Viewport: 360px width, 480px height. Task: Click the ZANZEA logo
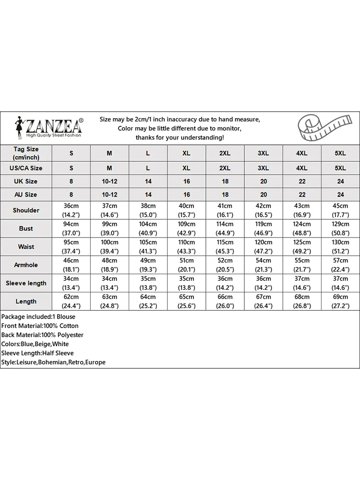(48, 127)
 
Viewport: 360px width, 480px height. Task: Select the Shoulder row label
(26, 210)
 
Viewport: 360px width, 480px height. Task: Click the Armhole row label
(26, 265)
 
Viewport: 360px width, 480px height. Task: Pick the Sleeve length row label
(26, 283)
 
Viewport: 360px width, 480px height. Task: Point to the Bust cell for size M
(109, 228)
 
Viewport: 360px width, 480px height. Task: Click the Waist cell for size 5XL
(340, 247)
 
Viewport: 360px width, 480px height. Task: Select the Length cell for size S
(72, 301)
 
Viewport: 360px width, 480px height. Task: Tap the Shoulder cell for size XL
(187, 210)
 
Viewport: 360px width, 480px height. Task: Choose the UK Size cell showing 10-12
(109, 181)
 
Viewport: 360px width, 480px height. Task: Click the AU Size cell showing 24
(340, 195)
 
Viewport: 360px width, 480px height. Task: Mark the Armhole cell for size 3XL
(264, 265)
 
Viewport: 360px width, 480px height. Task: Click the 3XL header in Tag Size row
(264, 153)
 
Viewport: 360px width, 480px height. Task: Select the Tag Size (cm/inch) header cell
(26, 153)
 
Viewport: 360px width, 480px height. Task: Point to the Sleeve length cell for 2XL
(225, 283)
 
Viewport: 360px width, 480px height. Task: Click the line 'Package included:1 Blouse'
(38, 317)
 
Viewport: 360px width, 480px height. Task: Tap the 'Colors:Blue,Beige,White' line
(35, 344)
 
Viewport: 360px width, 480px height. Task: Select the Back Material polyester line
(42, 335)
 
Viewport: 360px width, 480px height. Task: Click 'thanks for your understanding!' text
(180, 138)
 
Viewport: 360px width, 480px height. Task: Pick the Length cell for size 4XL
(302, 301)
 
